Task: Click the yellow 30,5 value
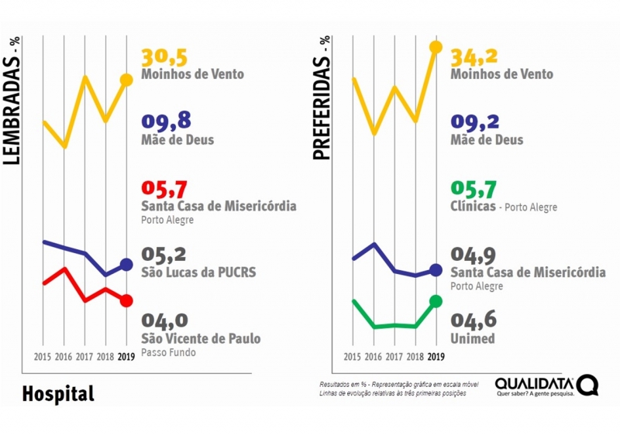tap(166, 58)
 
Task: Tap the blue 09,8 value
tap(166, 122)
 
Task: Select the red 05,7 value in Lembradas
tap(166, 190)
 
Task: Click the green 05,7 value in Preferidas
tap(475, 190)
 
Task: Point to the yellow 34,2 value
tap(475, 57)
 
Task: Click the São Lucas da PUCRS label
tap(198, 272)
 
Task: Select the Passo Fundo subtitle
tap(168, 352)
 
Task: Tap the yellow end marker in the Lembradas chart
tap(126, 80)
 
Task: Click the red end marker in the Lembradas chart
tap(126, 300)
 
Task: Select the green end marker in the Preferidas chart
tap(436, 300)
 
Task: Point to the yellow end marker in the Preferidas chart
tap(436, 47)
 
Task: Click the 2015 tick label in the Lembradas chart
tap(43, 357)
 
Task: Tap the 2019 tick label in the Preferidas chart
tap(436, 357)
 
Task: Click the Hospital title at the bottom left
tap(58, 393)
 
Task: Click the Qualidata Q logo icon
tap(587, 385)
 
